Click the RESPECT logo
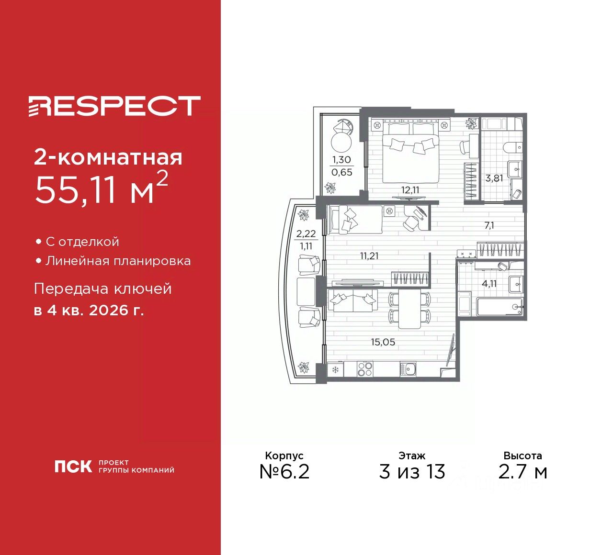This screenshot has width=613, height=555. (x=114, y=106)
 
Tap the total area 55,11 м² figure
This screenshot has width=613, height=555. (x=101, y=189)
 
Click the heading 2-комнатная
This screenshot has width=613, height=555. (x=108, y=157)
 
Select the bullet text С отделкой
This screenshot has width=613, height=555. (x=82, y=242)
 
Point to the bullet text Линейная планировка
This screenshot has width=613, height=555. (x=118, y=261)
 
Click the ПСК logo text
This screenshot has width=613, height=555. (x=73, y=466)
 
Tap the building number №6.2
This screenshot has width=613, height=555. (x=284, y=472)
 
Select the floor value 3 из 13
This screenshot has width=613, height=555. (x=412, y=472)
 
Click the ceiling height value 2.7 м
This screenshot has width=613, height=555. (x=522, y=472)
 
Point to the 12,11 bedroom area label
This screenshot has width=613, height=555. (x=410, y=190)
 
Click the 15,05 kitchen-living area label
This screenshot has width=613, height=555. (x=383, y=342)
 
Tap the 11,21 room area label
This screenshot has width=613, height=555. (x=369, y=256)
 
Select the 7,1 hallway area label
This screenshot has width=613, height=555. (x=489, y=225)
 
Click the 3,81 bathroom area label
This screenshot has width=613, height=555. (x=494, y=179)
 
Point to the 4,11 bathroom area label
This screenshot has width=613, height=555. (x=489, y=283)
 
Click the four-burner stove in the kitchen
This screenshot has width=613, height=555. (x=365, y=369)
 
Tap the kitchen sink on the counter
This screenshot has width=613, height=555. (x=409, y=369)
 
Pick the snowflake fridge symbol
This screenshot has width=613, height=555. (x=335, y=369)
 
